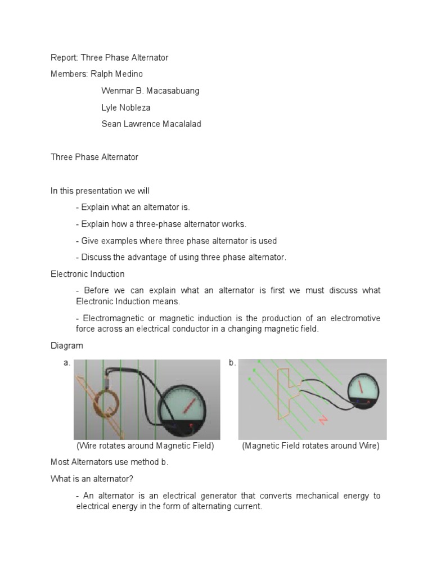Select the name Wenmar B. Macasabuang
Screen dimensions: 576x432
click(x=150, y=91)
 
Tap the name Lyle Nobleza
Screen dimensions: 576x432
click(x=127, y=107)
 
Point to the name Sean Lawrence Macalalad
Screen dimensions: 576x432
click(x=151, y=124)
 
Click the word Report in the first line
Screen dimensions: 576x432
click(x=64, y=58)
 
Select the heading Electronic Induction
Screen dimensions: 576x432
click(x=88, y=274)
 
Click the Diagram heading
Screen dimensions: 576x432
click(x=66, y=346)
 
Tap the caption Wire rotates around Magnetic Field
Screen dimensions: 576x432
click(x=145, y=446)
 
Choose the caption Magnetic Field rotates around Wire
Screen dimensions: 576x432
click(x=311, y=446)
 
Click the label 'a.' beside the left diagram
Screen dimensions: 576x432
click(x=67, y=363)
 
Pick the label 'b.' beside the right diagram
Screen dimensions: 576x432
click(x=232, y=363)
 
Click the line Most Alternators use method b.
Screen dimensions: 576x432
click(x=109, y=462)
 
